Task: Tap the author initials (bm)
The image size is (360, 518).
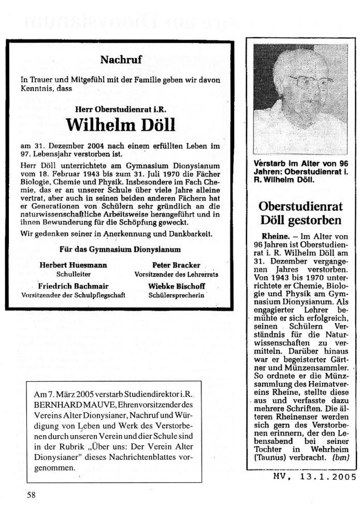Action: point(341,457)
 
